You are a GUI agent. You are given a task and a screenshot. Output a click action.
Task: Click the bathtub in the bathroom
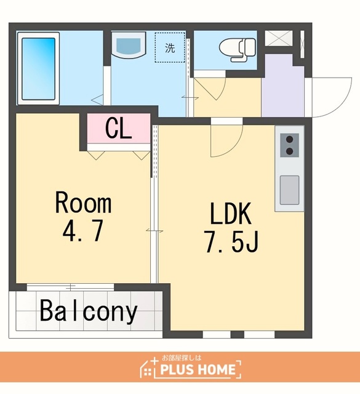pyautogui.click(x=38, y=68)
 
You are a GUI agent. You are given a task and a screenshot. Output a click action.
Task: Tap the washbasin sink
pyautogui.click(x=129, y=45)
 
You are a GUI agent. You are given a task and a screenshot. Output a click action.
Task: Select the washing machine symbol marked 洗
pyautogui.click(x=170, y=47)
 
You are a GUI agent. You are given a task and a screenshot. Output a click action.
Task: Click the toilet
pyautogui.click(x=238, y=49)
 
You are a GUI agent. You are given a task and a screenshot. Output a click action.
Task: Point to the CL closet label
pyautogui.click(x=119, y=128)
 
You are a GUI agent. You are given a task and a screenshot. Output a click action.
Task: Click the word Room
pyautogui.click(x=83, y=203)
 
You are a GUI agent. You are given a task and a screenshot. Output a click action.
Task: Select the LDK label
pyautogui.click(x=231, y=214)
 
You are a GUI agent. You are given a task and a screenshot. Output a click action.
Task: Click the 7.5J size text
pyautogui.click(x=231, y=241)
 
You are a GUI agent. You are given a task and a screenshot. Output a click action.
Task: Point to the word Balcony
pyautogui.click(x=89, y=312)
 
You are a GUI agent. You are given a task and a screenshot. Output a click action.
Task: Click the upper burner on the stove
pyautogui.click(x=290, y=139)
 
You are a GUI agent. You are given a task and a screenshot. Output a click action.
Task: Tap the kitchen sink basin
pyautogui.click(x=289, y=190)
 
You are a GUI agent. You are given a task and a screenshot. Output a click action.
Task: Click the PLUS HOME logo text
pyautogui.click(x=198, y=369)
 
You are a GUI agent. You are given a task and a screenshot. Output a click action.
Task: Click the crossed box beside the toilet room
pyautogui.click(x=279, y=38)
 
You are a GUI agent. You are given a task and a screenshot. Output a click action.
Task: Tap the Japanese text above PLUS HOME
pyautogui.click(x=182, y=358)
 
